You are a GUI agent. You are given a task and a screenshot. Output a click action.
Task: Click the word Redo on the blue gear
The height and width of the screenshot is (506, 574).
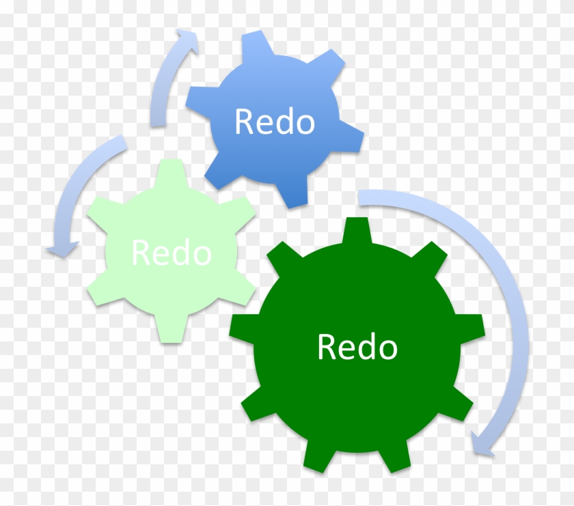[x=275, y=121]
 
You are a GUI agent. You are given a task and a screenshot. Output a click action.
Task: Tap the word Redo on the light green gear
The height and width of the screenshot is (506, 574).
[x=172, y=252]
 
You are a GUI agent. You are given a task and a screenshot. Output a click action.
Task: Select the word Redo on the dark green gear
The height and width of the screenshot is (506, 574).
[x=357, y=346]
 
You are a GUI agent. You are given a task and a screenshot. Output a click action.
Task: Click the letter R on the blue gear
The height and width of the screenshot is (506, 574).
[x=243, y=121]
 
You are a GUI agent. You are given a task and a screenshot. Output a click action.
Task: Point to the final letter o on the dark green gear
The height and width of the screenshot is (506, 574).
[x=387, y=350]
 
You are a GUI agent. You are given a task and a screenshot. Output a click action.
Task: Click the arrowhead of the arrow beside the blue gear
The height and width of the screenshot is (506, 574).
[x=187, y=41]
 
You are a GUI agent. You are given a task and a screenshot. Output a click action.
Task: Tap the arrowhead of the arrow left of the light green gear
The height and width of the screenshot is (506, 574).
[x=62, y=249]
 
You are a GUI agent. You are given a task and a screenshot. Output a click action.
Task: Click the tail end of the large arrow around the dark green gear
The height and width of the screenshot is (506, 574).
[x=359, y=198]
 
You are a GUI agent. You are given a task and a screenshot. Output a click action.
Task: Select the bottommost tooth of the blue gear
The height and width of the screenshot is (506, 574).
[x=292, y=192]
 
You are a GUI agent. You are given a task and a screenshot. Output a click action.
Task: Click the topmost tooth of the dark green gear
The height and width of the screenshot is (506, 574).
[x=357, y=231]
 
